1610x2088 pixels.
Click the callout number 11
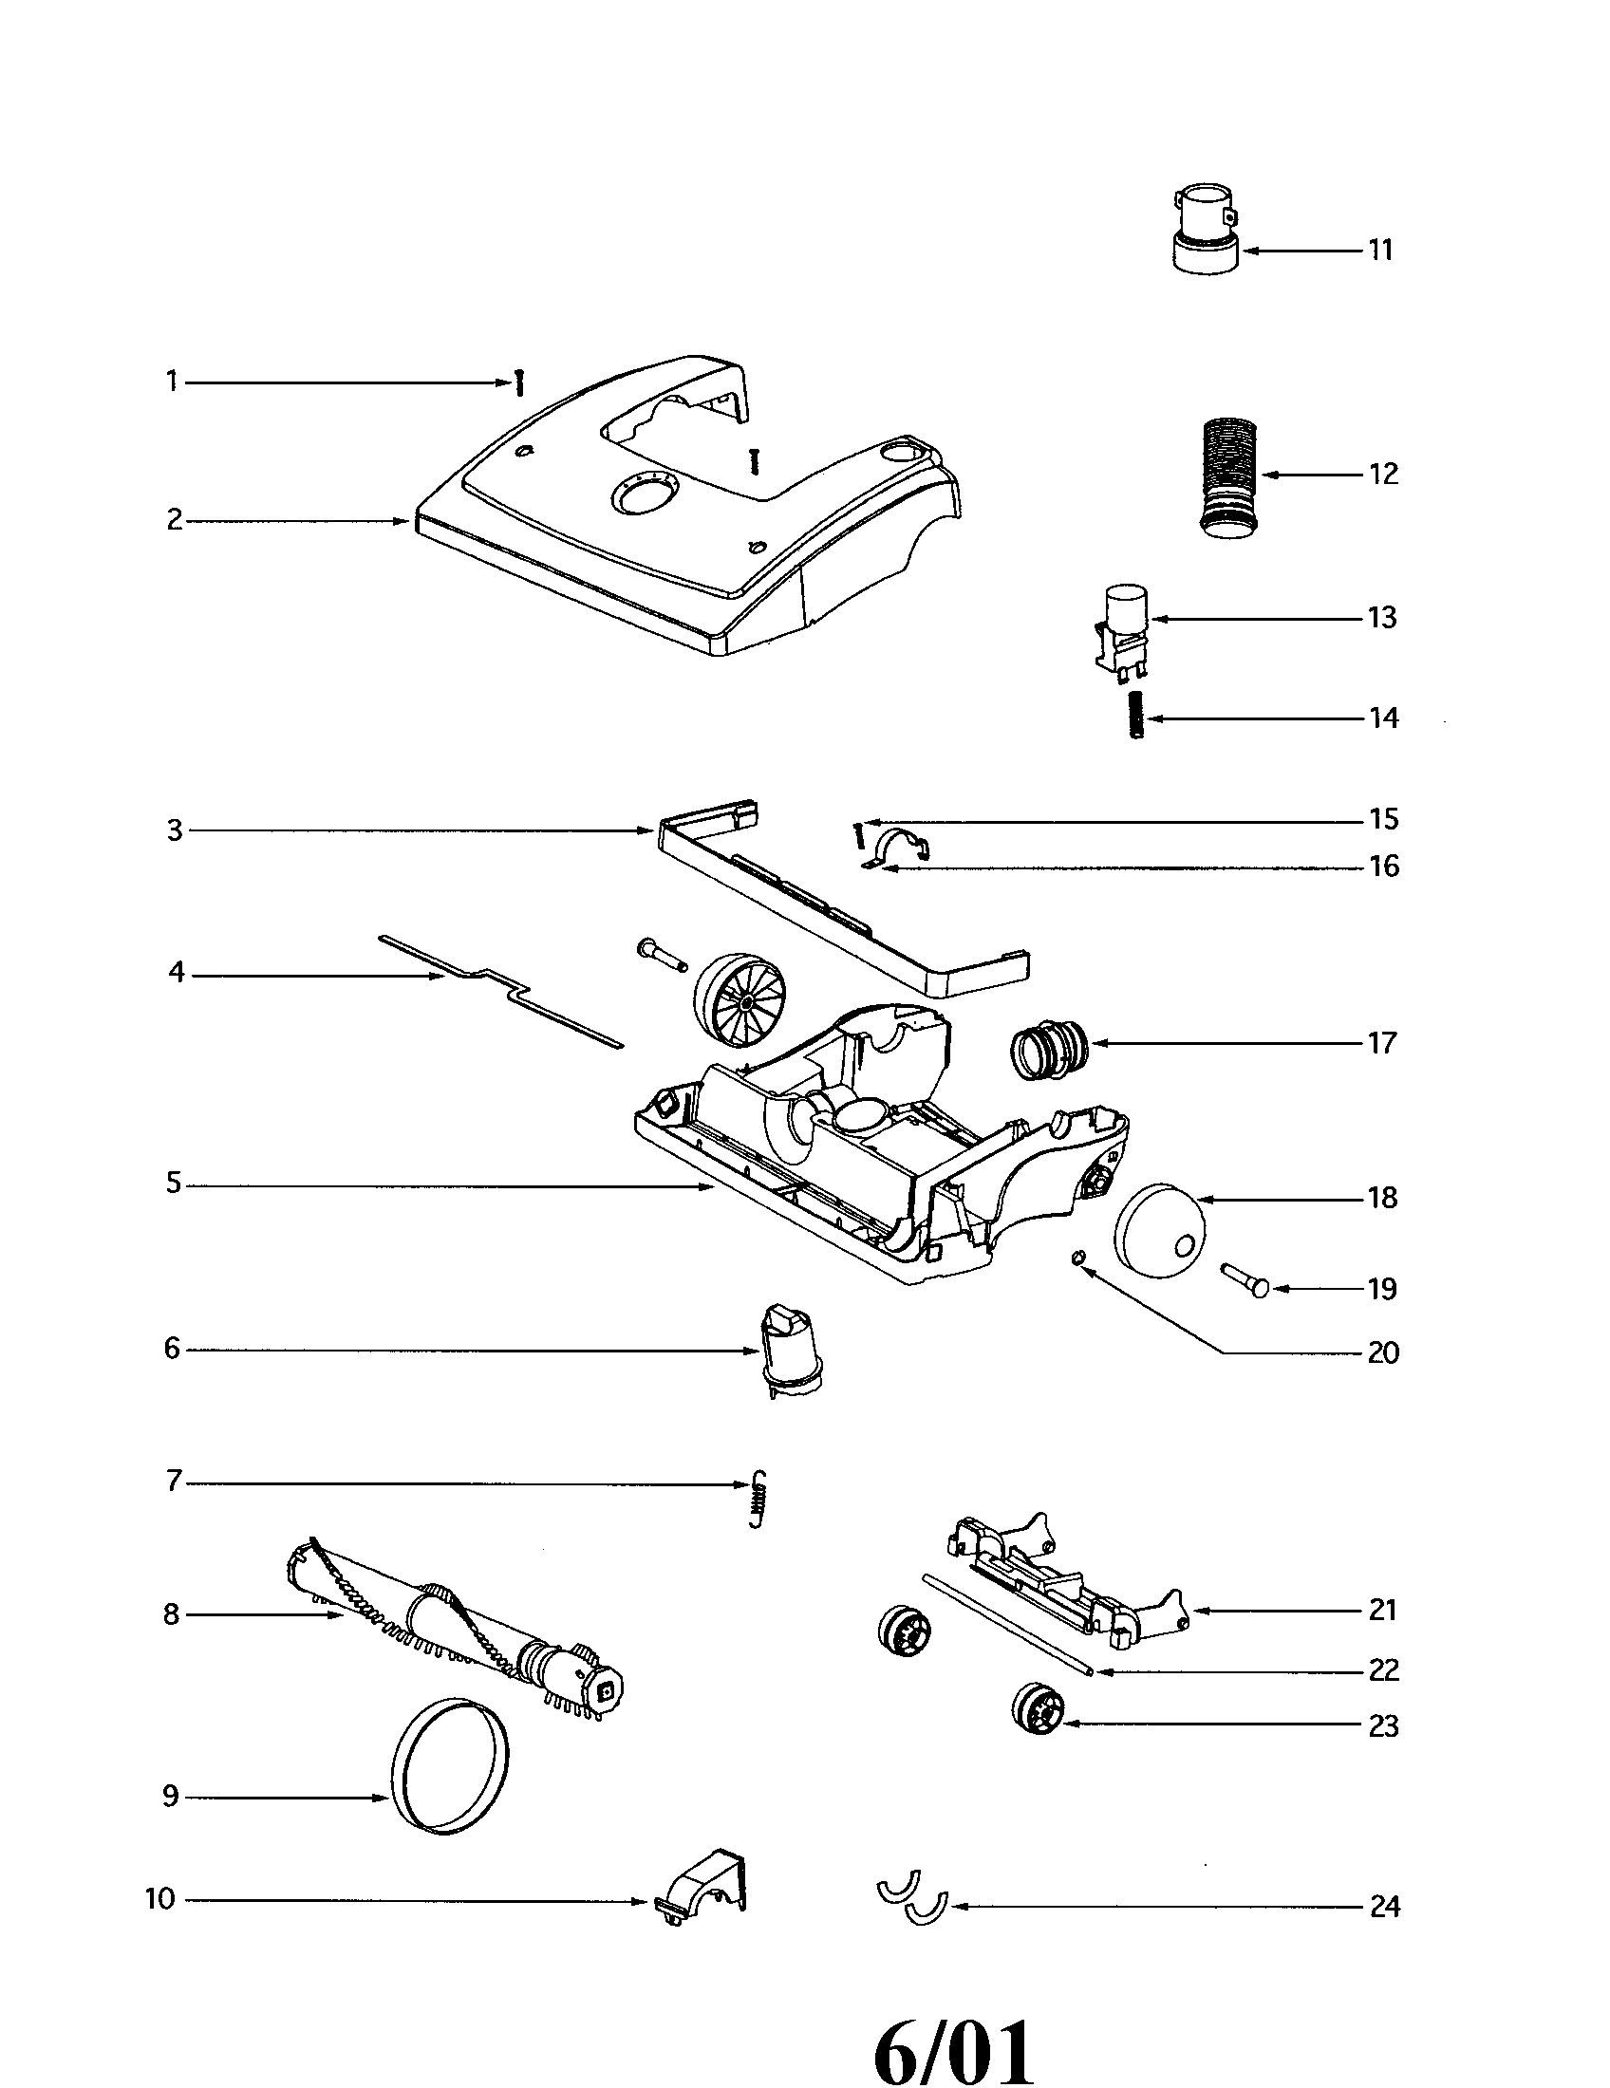coord(1379,251)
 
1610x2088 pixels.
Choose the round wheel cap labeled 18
coord(1161,1230)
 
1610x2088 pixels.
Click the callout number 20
coord(1383,1352)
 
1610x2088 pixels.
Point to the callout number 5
coord(173,1184)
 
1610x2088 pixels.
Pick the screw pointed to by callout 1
coord(519,383)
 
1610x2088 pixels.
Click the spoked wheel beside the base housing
coord(739,1007)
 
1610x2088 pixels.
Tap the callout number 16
coord(1384,867)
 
